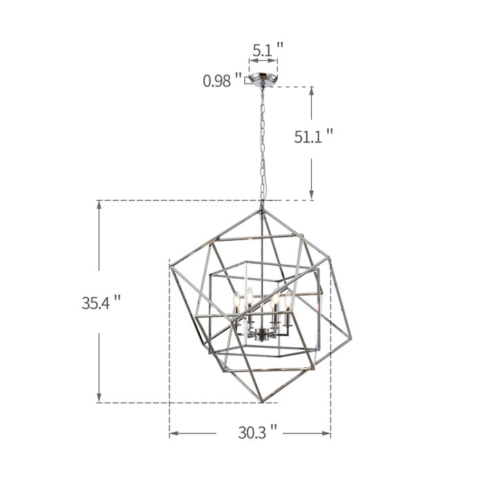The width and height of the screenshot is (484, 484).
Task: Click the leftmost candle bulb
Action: pyautogui.click(x=236, y=299)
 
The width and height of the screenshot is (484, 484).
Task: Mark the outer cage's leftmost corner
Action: pyautogui.click(x=170, y=266)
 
